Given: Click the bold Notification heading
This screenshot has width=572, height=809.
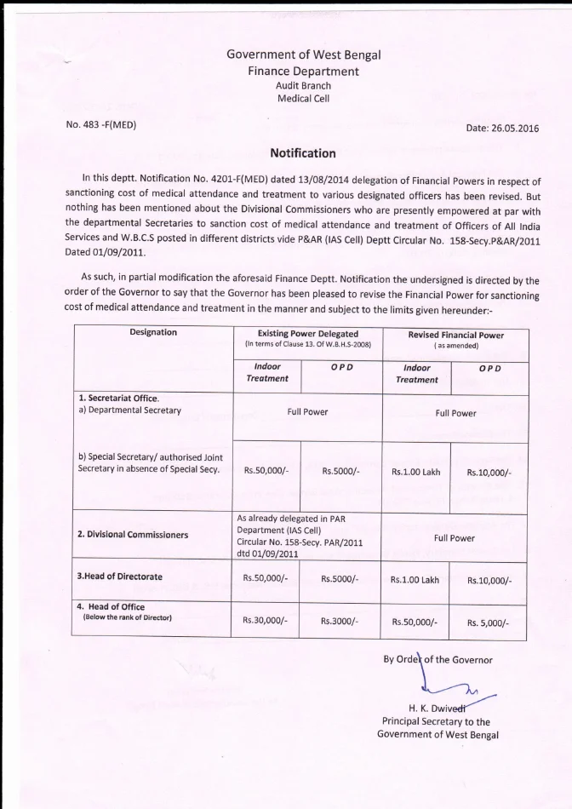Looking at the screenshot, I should (303, 153).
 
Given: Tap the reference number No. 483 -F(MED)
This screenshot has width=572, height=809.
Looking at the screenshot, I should (101, 125).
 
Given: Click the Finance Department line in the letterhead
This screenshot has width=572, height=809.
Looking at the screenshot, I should (303, 71).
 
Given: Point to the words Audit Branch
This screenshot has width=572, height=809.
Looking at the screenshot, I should (303, 85).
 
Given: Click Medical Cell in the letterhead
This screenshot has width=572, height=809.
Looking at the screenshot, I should (303, 99).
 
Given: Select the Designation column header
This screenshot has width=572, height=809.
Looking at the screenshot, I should (153, 333).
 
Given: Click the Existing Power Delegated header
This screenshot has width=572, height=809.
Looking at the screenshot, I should (307, 335).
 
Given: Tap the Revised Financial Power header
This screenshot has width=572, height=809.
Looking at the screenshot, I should (455, 335).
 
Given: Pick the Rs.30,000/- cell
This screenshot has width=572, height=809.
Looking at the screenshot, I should (266, 621).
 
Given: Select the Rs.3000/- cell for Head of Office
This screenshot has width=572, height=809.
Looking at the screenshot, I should (340, 621).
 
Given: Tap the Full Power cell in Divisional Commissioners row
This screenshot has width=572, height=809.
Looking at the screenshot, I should (455, 538).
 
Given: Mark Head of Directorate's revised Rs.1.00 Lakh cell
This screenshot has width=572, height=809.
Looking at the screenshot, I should (415, 579).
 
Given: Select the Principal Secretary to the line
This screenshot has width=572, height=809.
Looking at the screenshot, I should (437, 721).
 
